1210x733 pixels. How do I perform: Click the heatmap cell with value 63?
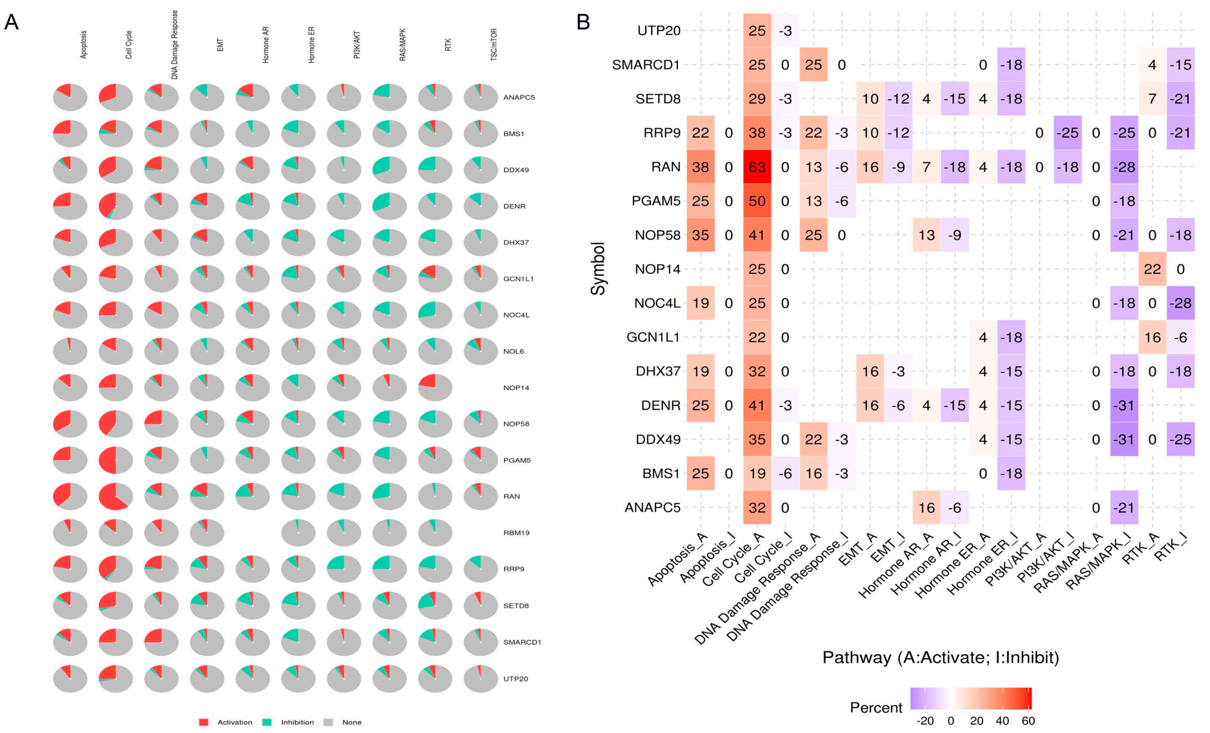coord(757,167)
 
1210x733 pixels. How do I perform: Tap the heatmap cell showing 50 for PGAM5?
coord(757,201)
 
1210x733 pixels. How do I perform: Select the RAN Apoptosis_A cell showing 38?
coord(700,167)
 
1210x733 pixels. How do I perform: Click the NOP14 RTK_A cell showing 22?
coord(1152,269)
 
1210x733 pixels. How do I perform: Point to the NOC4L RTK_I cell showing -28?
coord(1181,303)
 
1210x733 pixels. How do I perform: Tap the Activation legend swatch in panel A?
coord(204,722)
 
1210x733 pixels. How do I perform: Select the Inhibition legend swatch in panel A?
coord(267,722)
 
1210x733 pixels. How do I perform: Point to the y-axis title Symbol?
coord(598,269)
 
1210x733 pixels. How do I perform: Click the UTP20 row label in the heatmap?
coord(659,30)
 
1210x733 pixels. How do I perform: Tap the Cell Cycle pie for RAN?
coord(116,496)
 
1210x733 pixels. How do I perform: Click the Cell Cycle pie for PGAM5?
coord(116,460)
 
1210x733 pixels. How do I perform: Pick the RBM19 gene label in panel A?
coord(516,532)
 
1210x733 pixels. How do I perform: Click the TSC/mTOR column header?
coord(494,44)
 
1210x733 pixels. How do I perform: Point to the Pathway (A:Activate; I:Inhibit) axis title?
coord(941,657)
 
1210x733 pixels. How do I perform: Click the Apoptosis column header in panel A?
coord(83,44)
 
